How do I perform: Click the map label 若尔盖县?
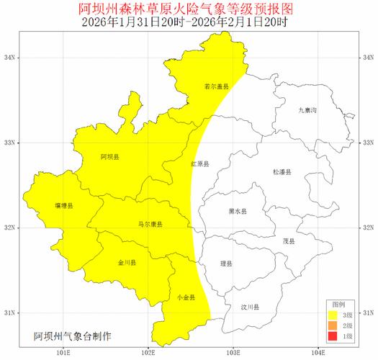(x=216, y=86)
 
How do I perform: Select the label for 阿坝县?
(x=110, y=156)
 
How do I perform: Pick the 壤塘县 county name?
(x=63, y=207)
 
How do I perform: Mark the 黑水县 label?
(x=238, y=212)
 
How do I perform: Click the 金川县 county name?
(x=127, y=263)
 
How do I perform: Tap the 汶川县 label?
(x=250, y=307)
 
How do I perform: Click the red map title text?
(x=189, y=9)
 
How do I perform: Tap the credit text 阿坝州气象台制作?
(x=72, y=336)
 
